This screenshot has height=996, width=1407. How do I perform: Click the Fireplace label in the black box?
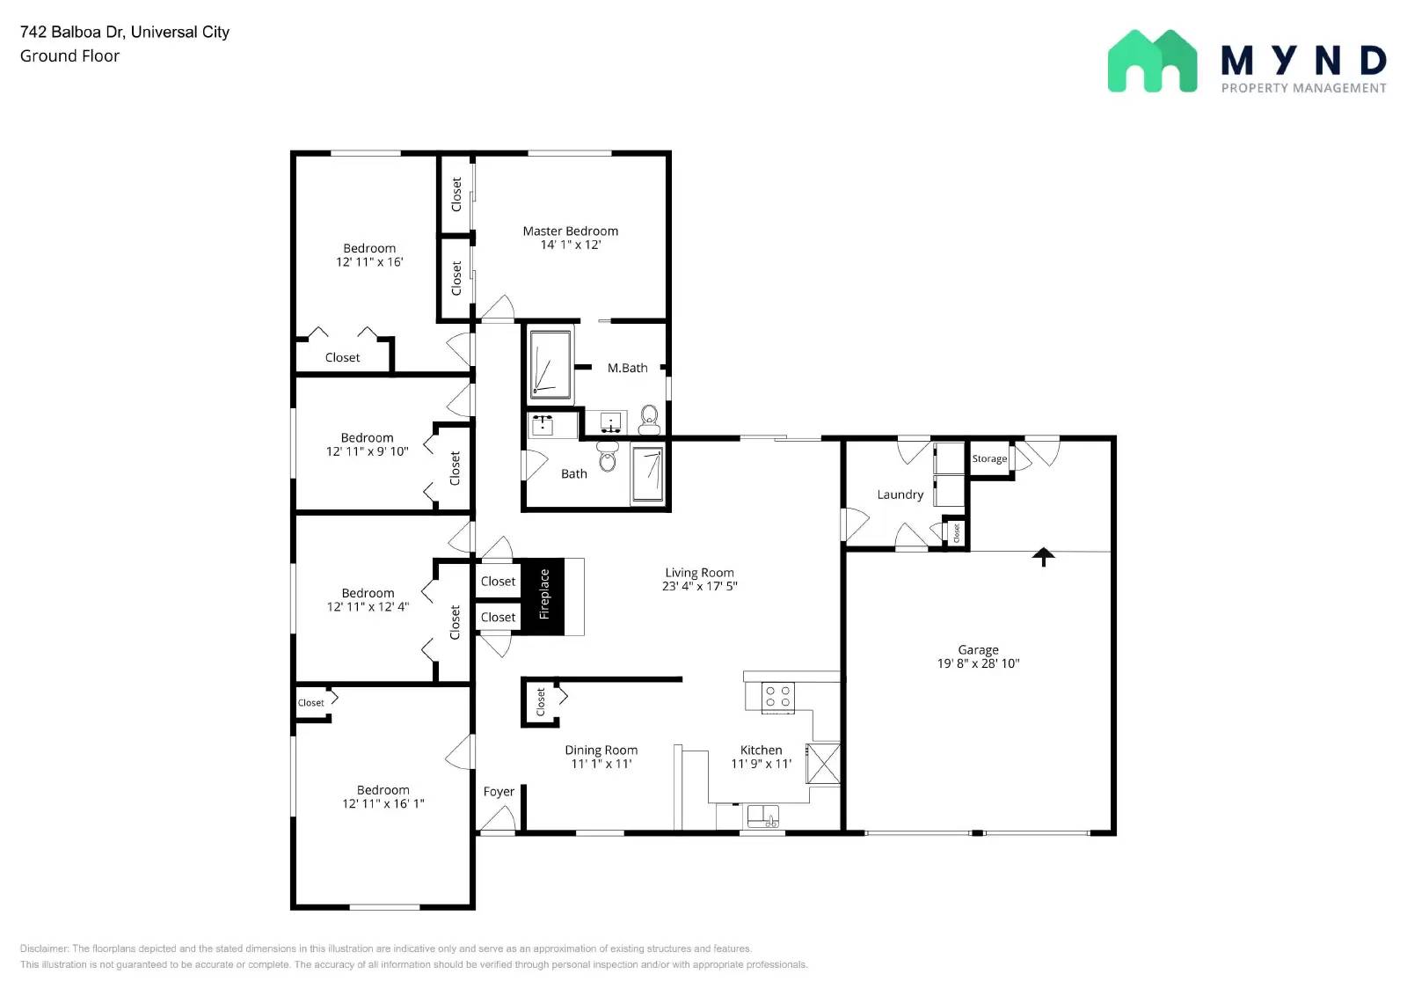click(543, 594)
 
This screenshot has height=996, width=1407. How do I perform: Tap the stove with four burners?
click(777, 697)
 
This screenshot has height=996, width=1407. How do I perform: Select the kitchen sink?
click(762, 816)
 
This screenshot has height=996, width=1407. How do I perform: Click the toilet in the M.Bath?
click(649, 419)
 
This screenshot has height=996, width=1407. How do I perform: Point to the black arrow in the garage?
click(1043, 556)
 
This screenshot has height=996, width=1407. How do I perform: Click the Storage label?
click(989, 458)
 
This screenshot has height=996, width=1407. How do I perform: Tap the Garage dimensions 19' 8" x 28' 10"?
click(978, 663)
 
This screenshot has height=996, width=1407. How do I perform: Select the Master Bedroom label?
click(570, 231)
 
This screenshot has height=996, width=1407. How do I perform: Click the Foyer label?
click(499, 791)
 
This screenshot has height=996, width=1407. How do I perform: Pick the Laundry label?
click(900, 494)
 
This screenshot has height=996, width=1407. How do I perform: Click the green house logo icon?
click(1152, 61)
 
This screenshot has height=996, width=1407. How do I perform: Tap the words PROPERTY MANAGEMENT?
click(1303, 88)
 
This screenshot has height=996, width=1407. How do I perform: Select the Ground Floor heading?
click(69, 55)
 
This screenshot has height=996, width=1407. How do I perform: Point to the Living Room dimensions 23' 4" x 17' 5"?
click(699, 586)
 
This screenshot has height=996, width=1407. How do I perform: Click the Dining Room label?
click(601, 750)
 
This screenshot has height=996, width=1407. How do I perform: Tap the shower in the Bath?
click(648, 474)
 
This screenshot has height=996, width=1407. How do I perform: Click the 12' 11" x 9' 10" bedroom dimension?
click(367, 451)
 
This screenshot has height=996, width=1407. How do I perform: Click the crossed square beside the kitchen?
click(824, 763)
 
